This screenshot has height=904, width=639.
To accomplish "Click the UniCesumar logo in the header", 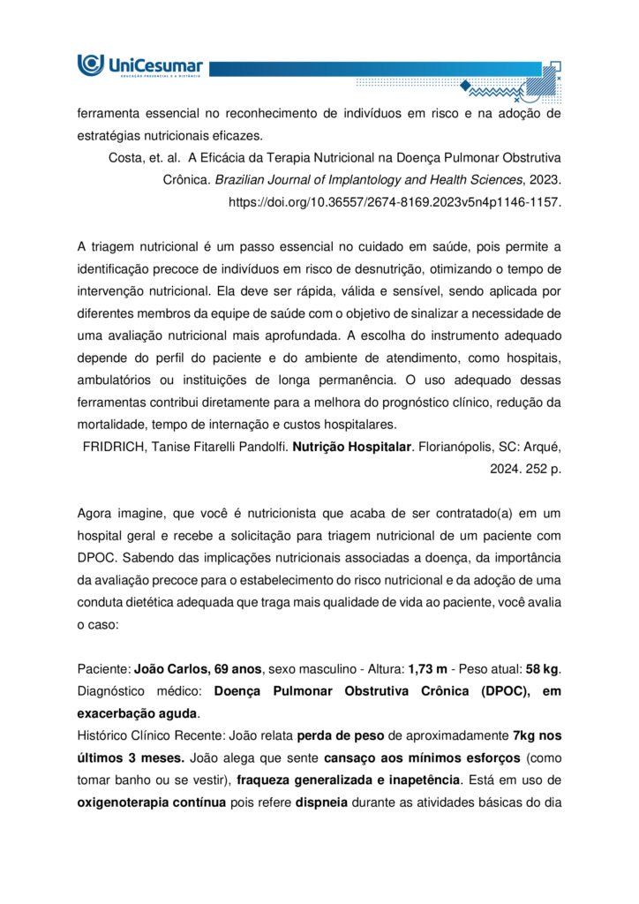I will (140, 65).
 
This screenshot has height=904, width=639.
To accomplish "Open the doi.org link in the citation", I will (395, 201).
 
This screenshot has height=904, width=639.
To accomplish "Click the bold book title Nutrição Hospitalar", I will (361, 448).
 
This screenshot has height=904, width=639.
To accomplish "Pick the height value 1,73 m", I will (427, 670).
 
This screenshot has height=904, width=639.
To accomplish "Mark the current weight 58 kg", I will (542, 670).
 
